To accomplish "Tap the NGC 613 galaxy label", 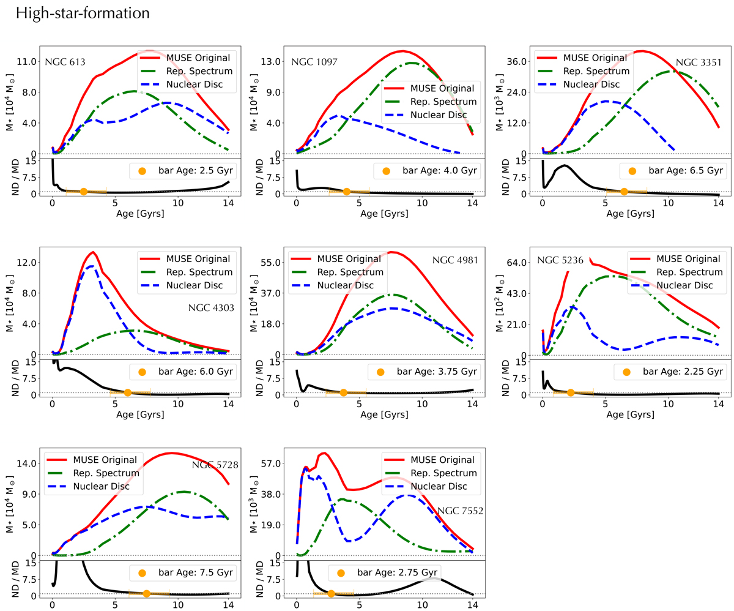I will click(65, 62).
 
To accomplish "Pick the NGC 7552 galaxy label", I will click(460, 510).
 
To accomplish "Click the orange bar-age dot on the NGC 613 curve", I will click(84, 192).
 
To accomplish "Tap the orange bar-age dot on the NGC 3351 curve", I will click(624, 192).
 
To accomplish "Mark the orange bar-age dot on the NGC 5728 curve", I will click(146, 593).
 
